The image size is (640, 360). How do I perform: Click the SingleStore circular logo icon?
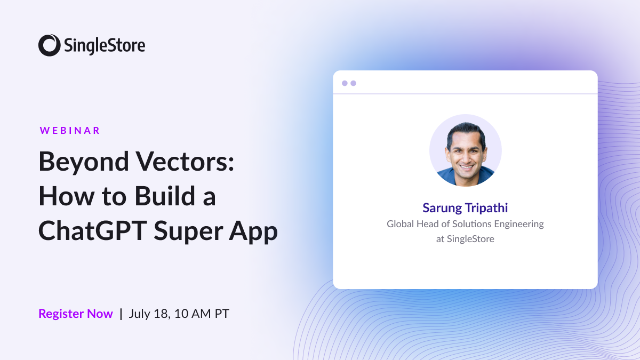[x=49, y=45]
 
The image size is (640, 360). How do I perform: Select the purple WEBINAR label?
[x=70, y=130]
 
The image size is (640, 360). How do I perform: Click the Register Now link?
[x=76, y=314]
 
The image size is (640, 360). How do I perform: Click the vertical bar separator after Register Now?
[x=121, y=314]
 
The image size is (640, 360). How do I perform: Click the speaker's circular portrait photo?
[x=465, y=150]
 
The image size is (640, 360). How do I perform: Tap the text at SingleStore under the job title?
[x=465, y=239]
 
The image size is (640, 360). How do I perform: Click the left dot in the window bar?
[x=345, y=83]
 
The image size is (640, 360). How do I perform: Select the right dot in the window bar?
[x=353, y=83]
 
